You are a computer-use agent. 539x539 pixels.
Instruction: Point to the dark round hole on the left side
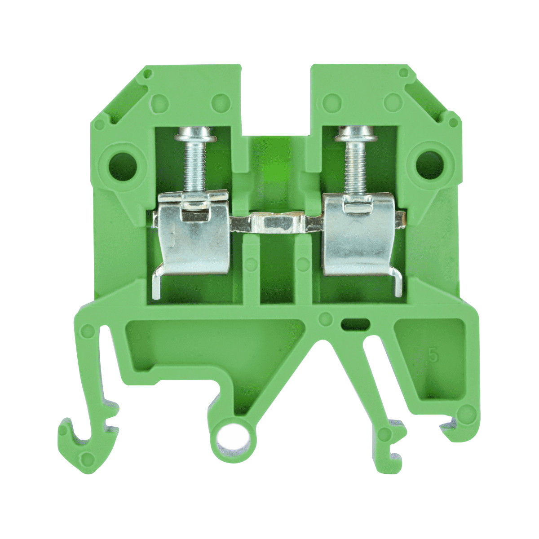point(122,166)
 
